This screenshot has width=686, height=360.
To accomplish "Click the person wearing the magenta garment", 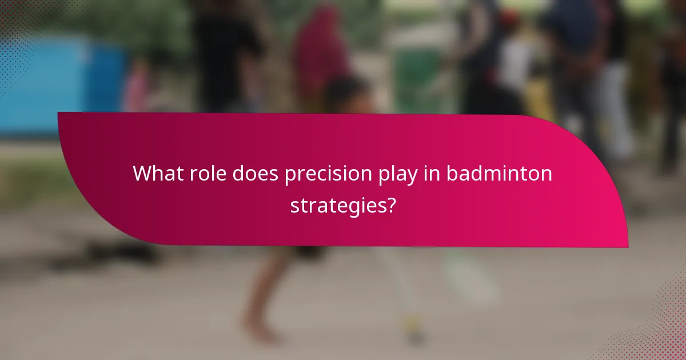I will click(x=320, y=51).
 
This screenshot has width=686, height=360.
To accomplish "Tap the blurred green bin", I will click(x=417, y=80).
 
